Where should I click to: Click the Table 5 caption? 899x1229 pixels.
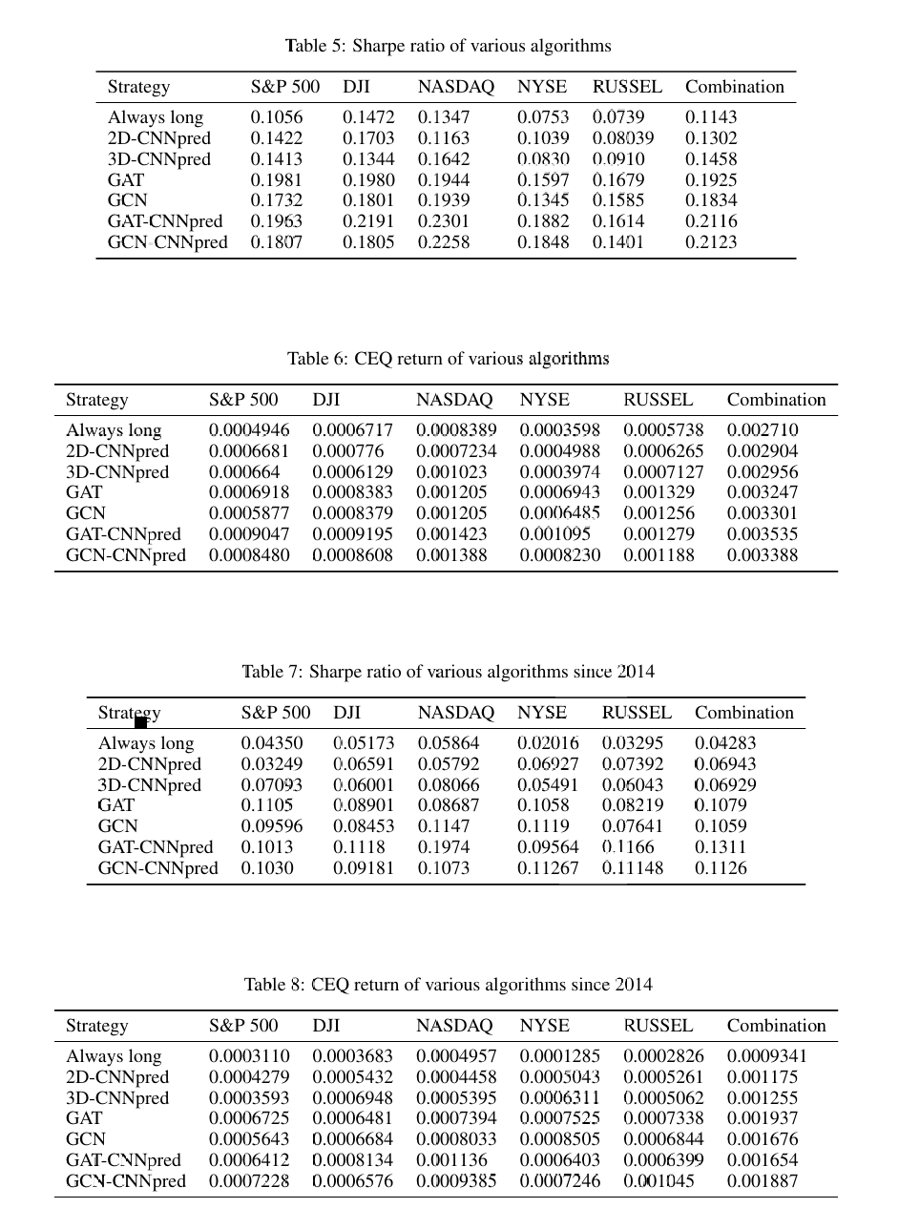[448, 46]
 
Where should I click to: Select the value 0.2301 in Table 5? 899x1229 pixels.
[444, 221]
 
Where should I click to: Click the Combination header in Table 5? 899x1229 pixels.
[734, 87]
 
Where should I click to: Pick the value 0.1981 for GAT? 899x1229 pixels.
[276, 180]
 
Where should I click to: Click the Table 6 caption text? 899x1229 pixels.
[448, 359]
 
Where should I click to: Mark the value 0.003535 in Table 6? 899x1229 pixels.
[762, 534]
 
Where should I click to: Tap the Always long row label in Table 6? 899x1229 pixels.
[114, 430]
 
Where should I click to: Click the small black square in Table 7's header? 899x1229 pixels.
[140, 722]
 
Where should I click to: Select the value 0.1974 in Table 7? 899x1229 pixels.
[443, 847]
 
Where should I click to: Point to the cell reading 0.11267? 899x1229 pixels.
[548, 868]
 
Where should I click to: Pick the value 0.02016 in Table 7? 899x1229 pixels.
[548, 743]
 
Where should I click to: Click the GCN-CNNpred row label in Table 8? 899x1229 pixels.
[125, 1181]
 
